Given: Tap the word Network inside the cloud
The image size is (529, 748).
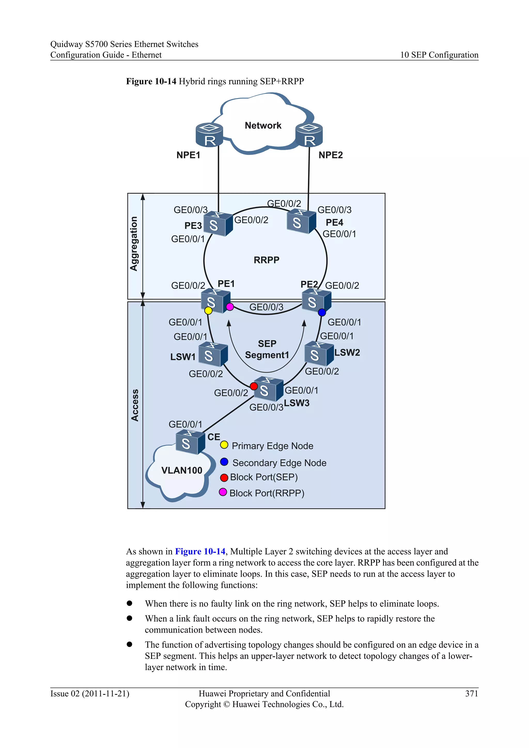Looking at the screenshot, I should coord(263,126).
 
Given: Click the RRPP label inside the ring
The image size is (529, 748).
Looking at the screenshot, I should coord(267,260).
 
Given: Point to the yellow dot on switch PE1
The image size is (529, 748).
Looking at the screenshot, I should coord(208,311).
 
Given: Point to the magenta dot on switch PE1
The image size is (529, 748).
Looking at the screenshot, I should coord(230,307).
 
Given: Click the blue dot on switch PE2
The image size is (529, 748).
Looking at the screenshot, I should coord(322,313).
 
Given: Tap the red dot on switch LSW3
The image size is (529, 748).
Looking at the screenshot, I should coord(254,386).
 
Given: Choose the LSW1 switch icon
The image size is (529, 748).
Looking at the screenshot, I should coord(213,354).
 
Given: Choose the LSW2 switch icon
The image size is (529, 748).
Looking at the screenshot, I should coord(318,354).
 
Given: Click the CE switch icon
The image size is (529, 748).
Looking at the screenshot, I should coord(190,442).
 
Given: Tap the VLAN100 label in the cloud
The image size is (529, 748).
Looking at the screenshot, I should coord(182,470).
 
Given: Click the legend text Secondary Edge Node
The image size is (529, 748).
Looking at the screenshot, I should coord(279,463).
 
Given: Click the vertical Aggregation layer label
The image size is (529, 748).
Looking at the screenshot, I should coord(134,244).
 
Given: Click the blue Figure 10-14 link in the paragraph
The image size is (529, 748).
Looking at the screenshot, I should coord(200,551).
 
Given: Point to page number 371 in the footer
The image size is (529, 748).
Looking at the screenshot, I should coord(471,694).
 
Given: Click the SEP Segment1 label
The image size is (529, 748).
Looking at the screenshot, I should coord(267,349).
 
